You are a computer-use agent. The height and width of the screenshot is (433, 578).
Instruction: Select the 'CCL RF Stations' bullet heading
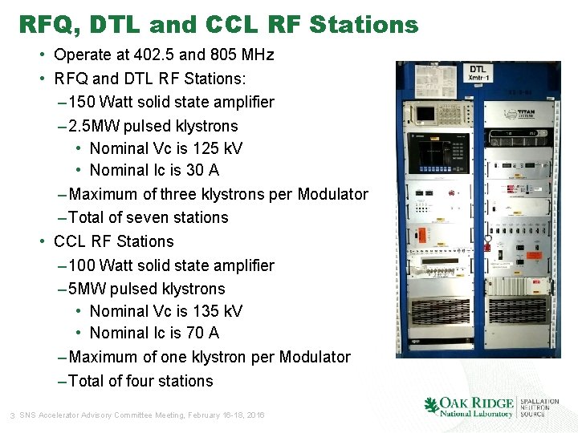click(113, 241)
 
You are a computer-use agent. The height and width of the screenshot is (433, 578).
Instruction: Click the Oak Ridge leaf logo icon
click(431, 406)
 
